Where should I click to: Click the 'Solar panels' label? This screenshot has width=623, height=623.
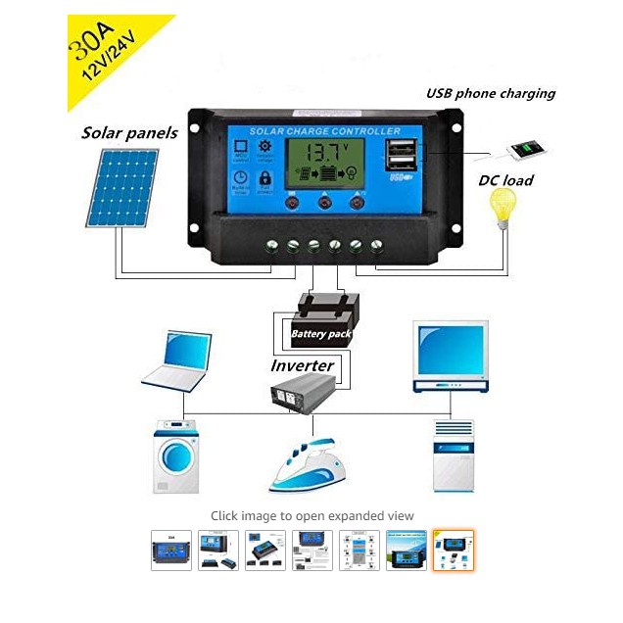point(130,132)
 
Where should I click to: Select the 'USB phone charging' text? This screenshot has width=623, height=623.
point(490,94)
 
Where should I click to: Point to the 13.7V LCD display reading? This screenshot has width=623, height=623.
point(324,154)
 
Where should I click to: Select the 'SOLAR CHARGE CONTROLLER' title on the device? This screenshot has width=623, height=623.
point(325,131)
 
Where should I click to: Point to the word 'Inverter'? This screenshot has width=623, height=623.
point(303,365)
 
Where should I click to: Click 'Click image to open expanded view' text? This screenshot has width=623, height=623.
point(312,515)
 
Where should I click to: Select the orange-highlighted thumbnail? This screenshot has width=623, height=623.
point(454,551)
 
